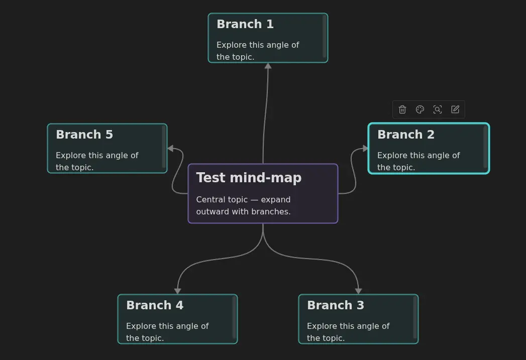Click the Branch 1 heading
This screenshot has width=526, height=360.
[245, 24]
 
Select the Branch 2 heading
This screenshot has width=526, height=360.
[405, 135]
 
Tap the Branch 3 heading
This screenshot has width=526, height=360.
[335, 305]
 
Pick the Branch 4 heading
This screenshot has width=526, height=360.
[154, 305]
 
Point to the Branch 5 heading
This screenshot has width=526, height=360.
[84, 135]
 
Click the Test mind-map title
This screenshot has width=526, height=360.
[249, 178]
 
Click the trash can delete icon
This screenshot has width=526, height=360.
[402, 109]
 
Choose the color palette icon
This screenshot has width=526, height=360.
[420, 109]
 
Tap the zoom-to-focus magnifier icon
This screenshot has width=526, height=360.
[438, 109]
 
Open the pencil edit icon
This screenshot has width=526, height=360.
[455, 109]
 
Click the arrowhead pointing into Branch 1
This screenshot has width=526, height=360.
[268, 66]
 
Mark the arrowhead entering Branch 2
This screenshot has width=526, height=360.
[366, 149]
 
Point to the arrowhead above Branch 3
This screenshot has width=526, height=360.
[358, 291]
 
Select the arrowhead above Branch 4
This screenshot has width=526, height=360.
[177, 291]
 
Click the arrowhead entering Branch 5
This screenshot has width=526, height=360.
[170, 149]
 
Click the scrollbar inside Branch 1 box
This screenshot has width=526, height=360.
[325, 37]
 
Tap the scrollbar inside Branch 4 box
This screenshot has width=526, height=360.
[234, 317]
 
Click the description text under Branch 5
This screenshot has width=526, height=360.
[96, 161]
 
